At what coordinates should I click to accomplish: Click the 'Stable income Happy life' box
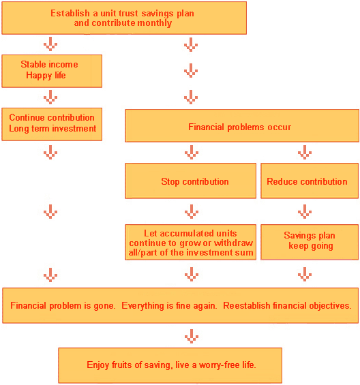coord(52,71)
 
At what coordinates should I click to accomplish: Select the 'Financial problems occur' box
coord(242,125)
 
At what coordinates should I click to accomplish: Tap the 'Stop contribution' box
coord(190,181)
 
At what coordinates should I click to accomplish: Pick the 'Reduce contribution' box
coord(310,181)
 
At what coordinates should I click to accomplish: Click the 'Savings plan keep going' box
coord(310,242)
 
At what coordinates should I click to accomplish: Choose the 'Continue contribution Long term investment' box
coord(52,124)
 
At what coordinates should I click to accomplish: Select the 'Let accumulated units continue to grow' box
coord(190,242)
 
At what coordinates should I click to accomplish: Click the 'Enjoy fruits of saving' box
coord(170,365)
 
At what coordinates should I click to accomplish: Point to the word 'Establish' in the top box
coord(70,13)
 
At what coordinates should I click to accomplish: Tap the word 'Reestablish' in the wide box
coord(246,305)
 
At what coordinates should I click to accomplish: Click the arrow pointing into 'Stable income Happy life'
coord(50,44)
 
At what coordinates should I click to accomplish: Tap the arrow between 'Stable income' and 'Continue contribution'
coord(50,97)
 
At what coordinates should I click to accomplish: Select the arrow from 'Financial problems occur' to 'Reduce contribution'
coord(305,152)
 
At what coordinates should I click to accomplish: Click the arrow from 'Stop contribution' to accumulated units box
coord(192,211)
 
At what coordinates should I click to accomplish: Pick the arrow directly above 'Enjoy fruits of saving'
coord(192,336)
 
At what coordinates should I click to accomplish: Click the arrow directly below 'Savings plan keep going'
coord(305,274)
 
